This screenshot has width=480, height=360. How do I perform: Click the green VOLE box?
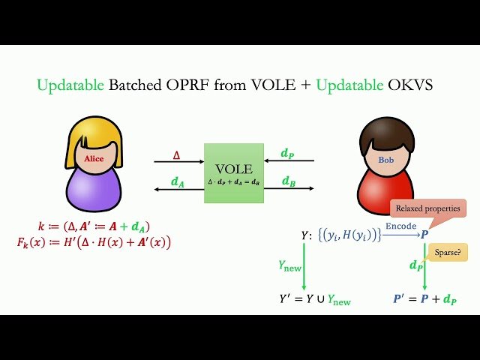[x=234, y=173]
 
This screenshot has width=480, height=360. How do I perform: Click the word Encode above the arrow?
[x=400, y=226]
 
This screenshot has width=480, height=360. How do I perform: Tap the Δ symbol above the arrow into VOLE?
[x=177, y=154]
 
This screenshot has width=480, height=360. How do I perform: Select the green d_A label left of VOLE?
[x=178, y=181]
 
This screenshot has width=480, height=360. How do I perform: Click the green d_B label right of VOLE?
[x=288, y=181]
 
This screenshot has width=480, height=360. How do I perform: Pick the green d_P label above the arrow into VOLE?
[x=287, y=154]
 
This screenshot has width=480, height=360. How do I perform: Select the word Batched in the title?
[x=139, y=86]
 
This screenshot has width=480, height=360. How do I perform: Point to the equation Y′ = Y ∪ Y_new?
[x=314, y=300]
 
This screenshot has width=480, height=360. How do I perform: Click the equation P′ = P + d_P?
[x=426, y=300]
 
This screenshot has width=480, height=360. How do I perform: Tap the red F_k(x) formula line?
[x=94, y=242]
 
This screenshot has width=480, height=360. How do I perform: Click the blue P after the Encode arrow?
[x=424, y=235]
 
